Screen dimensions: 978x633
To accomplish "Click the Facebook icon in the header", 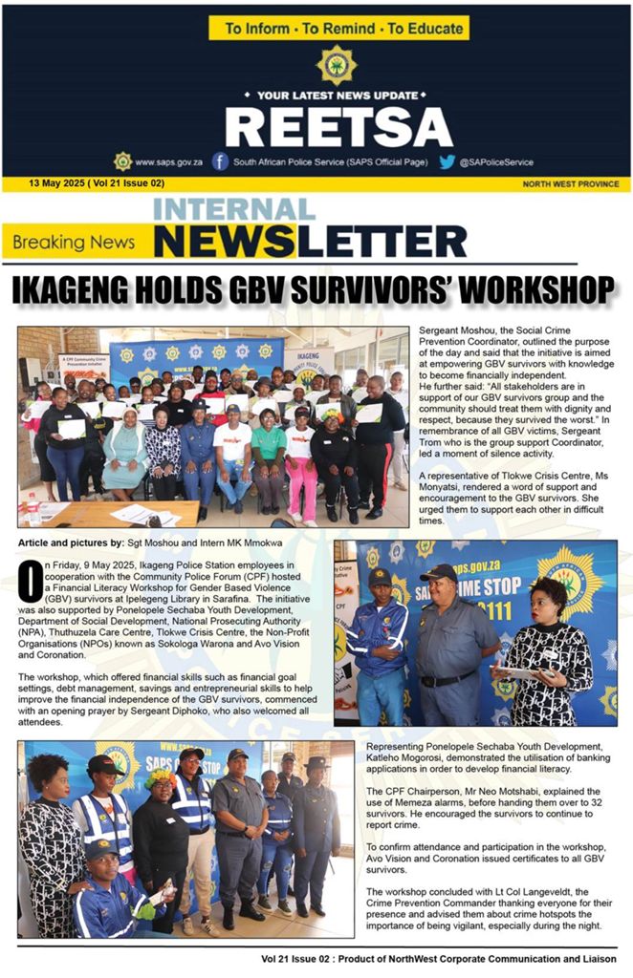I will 220,161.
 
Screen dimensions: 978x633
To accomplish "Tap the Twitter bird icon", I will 447,161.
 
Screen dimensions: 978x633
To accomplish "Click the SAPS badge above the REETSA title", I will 337,65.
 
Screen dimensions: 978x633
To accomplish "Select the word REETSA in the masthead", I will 338,126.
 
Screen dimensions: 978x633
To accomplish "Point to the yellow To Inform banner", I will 338,29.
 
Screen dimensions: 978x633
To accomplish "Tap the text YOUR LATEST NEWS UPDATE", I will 338,96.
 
